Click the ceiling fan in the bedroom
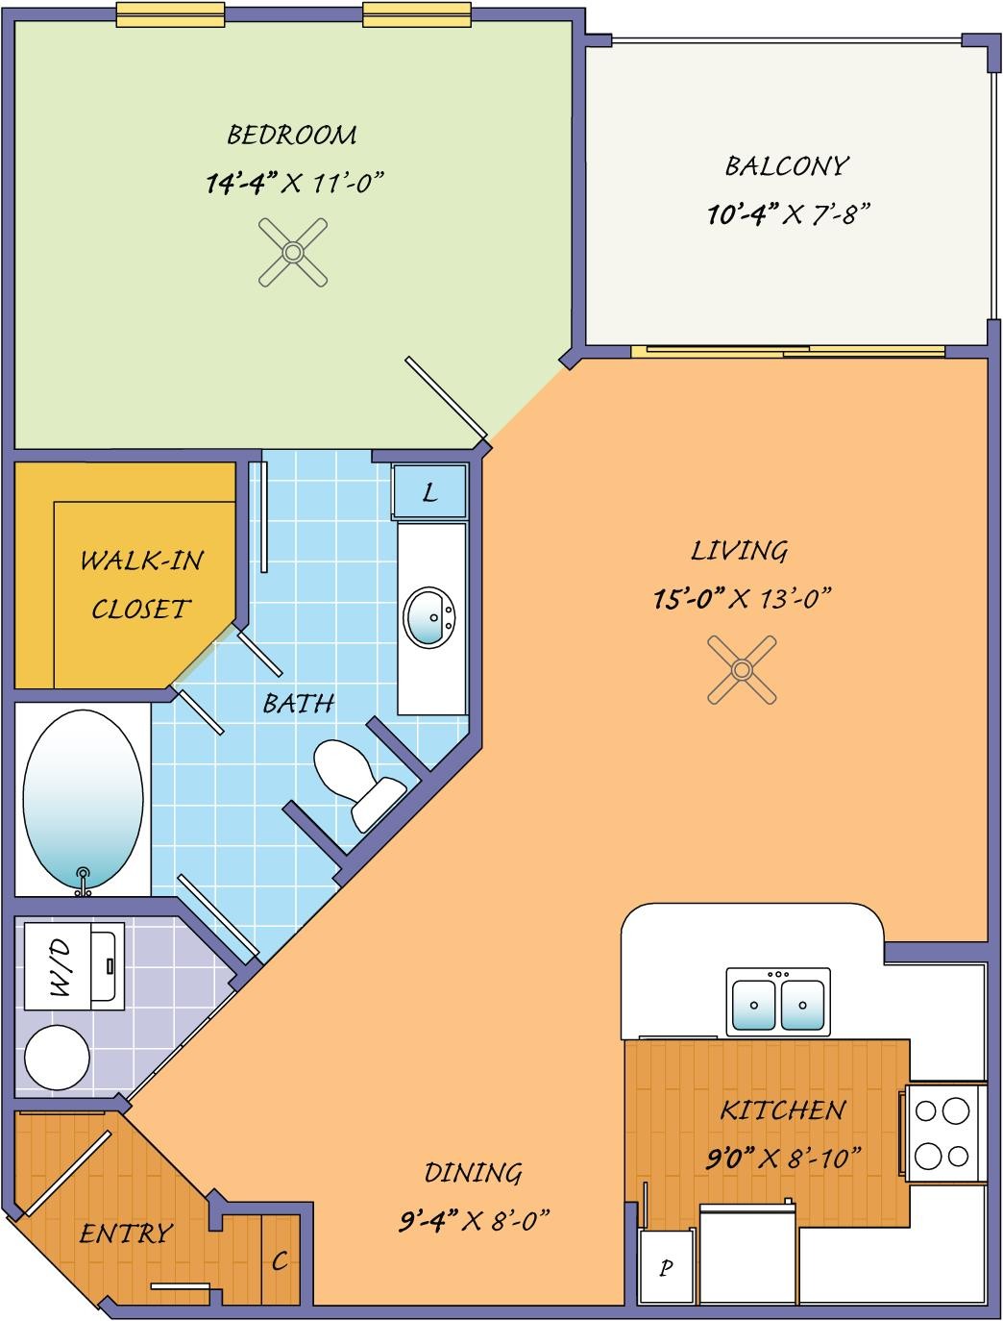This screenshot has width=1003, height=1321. point(293,252)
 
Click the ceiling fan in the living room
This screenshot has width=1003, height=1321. point(742,670)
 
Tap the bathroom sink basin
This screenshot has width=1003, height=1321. point(428,617)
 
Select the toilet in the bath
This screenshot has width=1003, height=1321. point(359,785)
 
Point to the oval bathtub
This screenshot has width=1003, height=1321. point(83,800)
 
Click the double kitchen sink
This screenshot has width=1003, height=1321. point(778,1002)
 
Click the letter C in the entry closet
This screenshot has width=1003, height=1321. point(280,1260)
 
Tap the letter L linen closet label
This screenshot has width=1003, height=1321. point(429,493)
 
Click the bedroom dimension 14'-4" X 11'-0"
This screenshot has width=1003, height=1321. point(295,183)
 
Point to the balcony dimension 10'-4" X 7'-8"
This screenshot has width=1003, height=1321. point(789,213)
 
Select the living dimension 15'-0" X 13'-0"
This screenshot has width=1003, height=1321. point(743,599)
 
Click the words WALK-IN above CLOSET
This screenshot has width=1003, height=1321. point(142,561)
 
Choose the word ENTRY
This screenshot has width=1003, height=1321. point(126,1234)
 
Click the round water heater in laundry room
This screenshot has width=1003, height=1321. point(57,1059)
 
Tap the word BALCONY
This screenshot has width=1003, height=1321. point(787,166)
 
